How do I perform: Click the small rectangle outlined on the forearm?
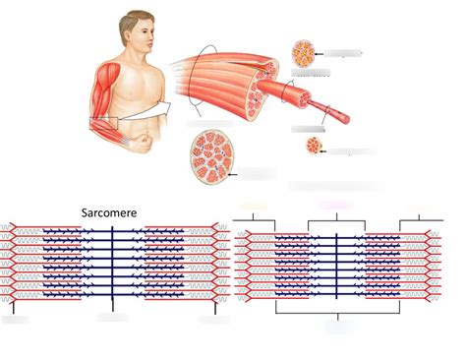(x=103, y=122)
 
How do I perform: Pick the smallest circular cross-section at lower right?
(x=313, y=147)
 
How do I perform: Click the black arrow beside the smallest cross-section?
(x=326, y=150)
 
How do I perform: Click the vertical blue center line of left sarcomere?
(x=112, y=270)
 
